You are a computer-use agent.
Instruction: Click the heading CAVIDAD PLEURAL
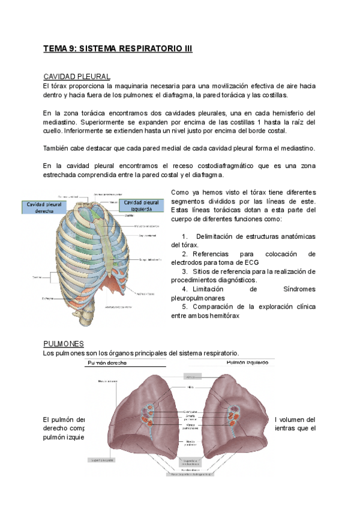76,77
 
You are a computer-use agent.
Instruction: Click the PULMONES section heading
63,343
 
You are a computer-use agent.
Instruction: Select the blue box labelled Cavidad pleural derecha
44,208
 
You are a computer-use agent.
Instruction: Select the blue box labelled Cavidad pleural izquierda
142,205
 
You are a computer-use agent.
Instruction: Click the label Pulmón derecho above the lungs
109,363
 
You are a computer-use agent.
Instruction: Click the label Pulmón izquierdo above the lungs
251,363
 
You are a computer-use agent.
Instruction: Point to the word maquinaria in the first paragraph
137,86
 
